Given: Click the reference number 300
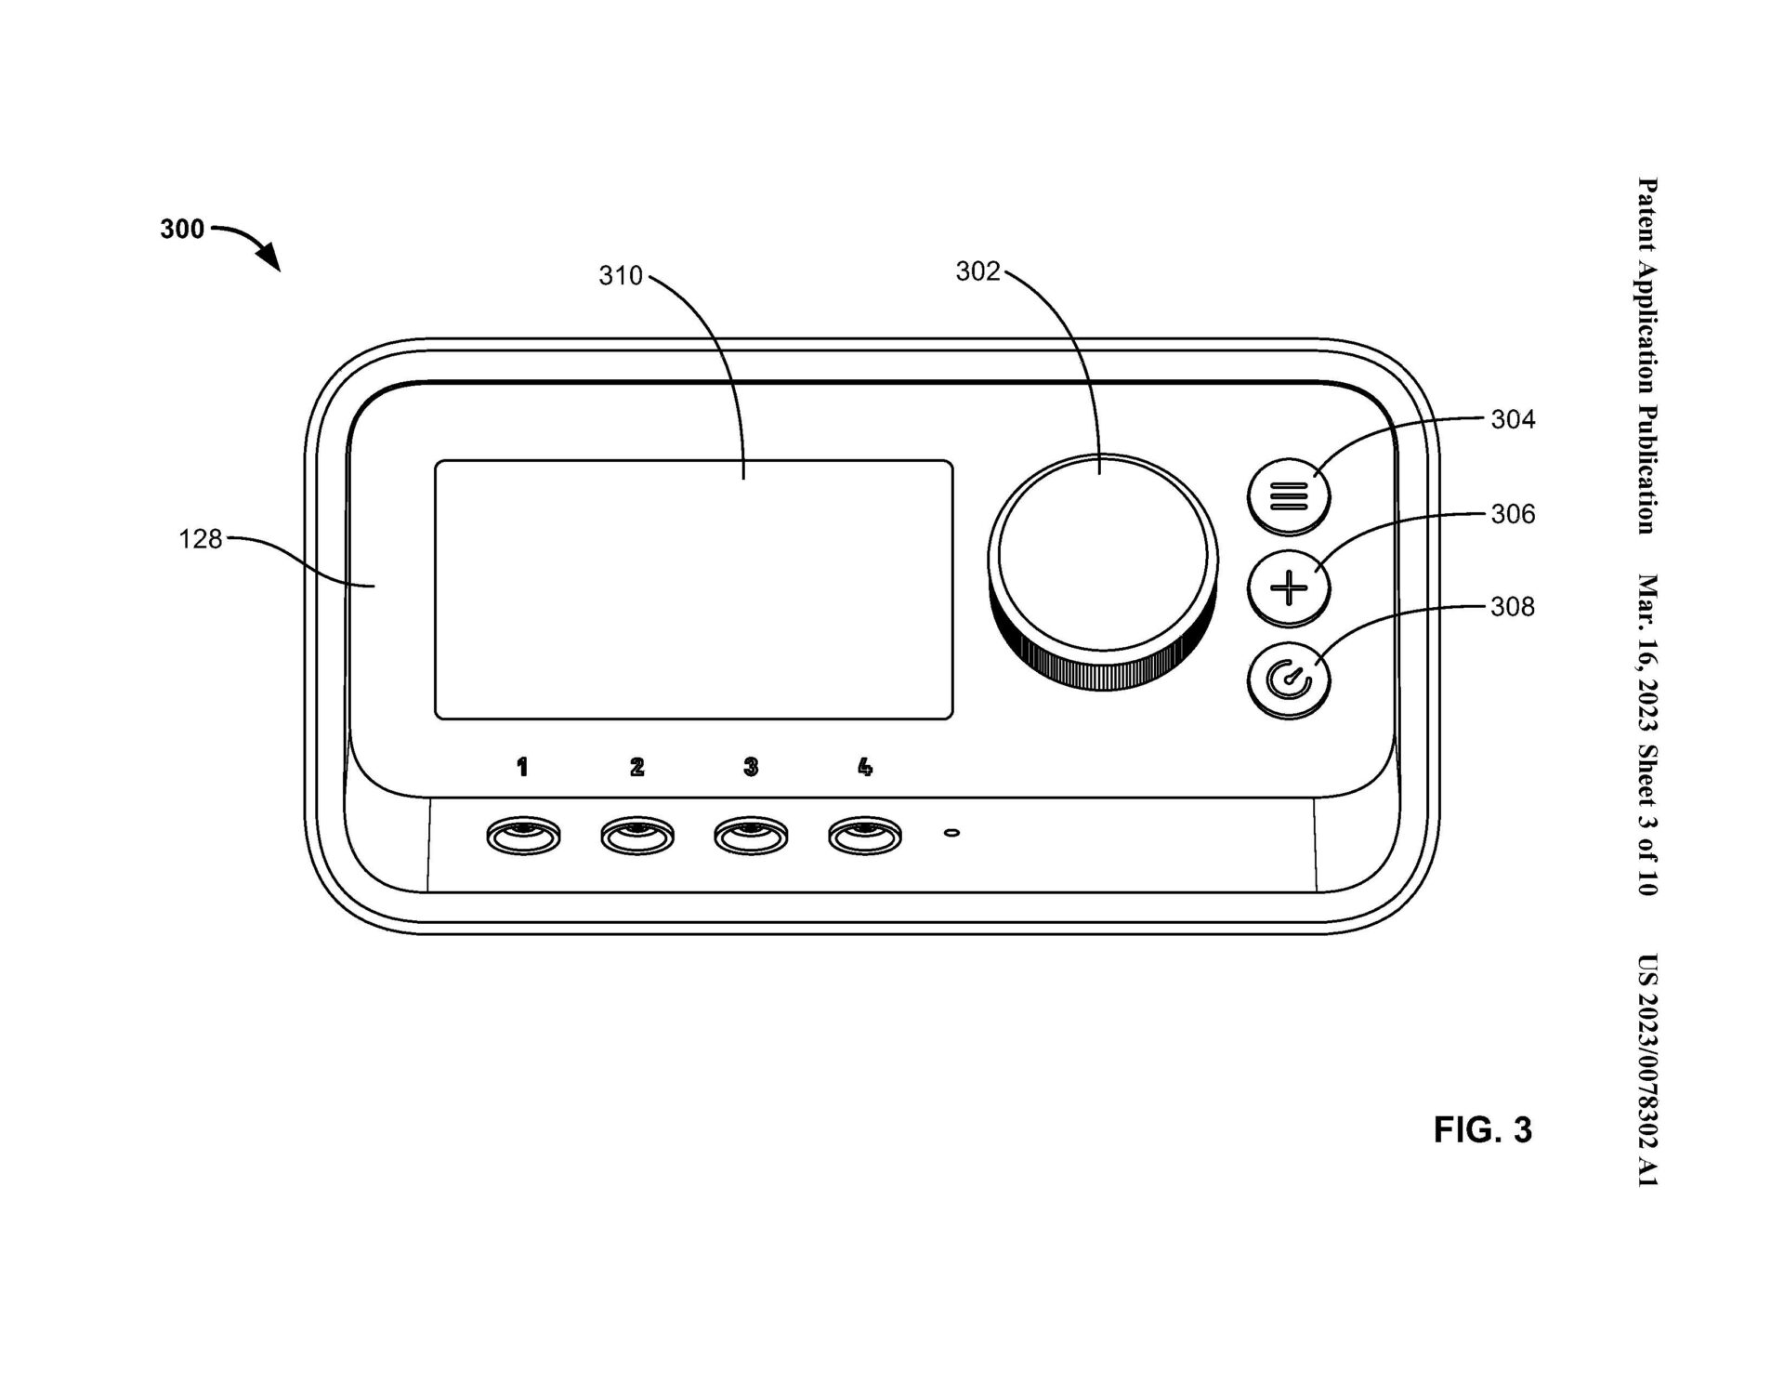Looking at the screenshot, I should coord(182,229).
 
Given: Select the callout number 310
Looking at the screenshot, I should coord(621,276).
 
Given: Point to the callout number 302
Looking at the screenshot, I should coord(977,271).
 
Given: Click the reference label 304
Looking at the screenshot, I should coord(1513,420).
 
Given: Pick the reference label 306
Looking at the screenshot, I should coord(1513,514).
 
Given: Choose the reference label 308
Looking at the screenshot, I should coord(1513,607).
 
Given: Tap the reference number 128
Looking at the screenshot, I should coord(201,539).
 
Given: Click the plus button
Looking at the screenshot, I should coord(1289,588).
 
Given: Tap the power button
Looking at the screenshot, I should coord(1289,681).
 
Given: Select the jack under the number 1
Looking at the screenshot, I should coord(523,837).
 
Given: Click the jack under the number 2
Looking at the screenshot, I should coord(637,837).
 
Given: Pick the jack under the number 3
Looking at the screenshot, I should coord(751,837).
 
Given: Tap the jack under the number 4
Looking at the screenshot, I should coord(865,837).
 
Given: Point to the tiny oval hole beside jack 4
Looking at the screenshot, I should coord(951,833).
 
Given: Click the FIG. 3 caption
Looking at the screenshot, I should coord(1482,1130).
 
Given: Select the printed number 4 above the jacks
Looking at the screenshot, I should coord(865,767).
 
